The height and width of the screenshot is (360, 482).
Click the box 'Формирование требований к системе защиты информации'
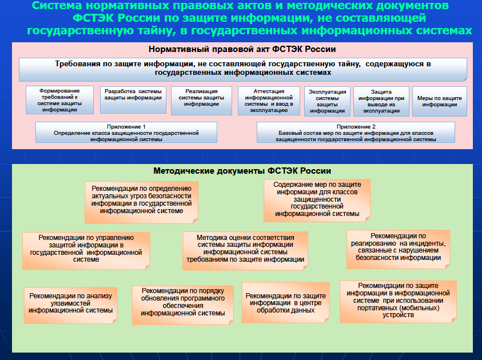[59, 100]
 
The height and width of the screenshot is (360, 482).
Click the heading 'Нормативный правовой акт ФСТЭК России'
[242, 49]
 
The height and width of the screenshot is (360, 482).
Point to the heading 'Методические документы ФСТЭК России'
[242, 170]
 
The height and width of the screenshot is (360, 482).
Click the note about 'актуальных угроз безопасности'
[141, 200]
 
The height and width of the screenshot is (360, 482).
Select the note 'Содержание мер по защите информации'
[317, 200]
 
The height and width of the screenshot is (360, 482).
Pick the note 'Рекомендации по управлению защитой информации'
[86, 249]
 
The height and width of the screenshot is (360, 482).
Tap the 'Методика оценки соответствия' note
[245, 249]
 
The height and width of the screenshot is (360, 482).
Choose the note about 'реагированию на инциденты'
[398, 247]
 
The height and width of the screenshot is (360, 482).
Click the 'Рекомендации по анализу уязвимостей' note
[71, 303]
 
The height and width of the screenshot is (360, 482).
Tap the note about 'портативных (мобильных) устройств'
[397, 300]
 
